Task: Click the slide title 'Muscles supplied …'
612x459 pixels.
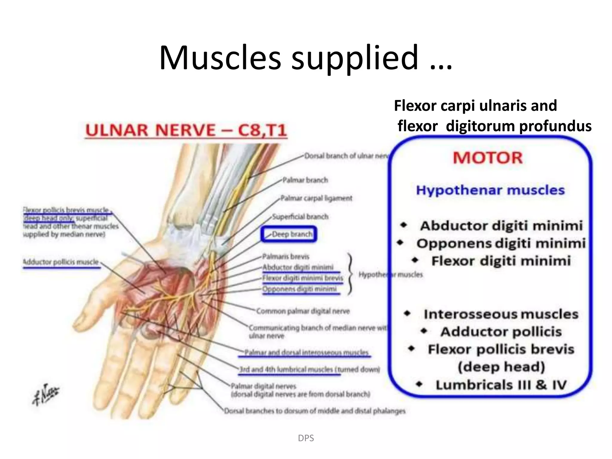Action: pyautogui.click(x=305, y=57)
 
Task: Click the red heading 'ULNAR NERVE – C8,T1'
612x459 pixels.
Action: pyautogui.click(x=186, y=130)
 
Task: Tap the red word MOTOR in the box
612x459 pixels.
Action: pyautogui.click(x=488, y=158)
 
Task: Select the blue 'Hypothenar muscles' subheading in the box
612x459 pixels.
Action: pyautogui.click(x=490, y=190)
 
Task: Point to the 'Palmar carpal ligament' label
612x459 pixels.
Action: pyautogui.click(x=316, y=198)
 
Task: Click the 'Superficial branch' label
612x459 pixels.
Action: pyautogui.click(x=300, y=217)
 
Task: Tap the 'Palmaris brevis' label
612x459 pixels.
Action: pyautogui.click(x=285, y=256)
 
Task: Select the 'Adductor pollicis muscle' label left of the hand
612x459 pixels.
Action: pyautogui.click(x=61, y=262)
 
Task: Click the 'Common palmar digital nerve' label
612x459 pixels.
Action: pyautogui.click(x=303, y=311)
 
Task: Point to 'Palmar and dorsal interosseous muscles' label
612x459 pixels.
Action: pyautogui.click(x=306, y=353)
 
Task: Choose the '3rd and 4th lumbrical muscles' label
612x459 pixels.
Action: pyautogui.click(x=309, y=369)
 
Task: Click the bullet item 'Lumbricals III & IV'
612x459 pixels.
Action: pyautogui.click(x=501, y=385)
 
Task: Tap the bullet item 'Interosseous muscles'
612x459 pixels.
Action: pyautogui.click(x=501, y=314)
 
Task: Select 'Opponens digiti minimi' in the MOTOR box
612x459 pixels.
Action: pyautogui.click(x=501, y=243)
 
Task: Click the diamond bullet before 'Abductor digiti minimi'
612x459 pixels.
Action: pyautogui.click(x=404, y=225)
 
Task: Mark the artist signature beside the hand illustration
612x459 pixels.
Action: pyautogui.click(x=45, y=394)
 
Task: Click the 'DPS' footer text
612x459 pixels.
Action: pyautogui.click(x=306, y=438)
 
